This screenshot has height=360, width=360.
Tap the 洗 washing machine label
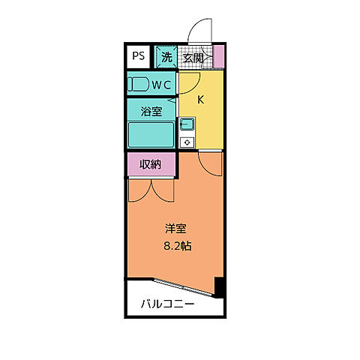(166, 57)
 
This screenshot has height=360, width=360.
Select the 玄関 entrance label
(193, 57)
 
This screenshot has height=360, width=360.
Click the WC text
(162, 84)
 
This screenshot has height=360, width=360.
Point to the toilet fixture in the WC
(138, 84)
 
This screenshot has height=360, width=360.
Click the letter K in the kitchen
(201, 100)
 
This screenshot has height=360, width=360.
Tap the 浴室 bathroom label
(151, 112)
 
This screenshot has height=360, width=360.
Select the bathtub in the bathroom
(151, 135)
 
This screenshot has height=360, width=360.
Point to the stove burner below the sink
(187, 140)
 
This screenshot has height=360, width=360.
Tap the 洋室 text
(175, 229)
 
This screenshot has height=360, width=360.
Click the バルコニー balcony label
(169, 304)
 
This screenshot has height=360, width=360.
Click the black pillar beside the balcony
(219, 286)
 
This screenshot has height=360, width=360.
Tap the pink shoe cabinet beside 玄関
(219, 57)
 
